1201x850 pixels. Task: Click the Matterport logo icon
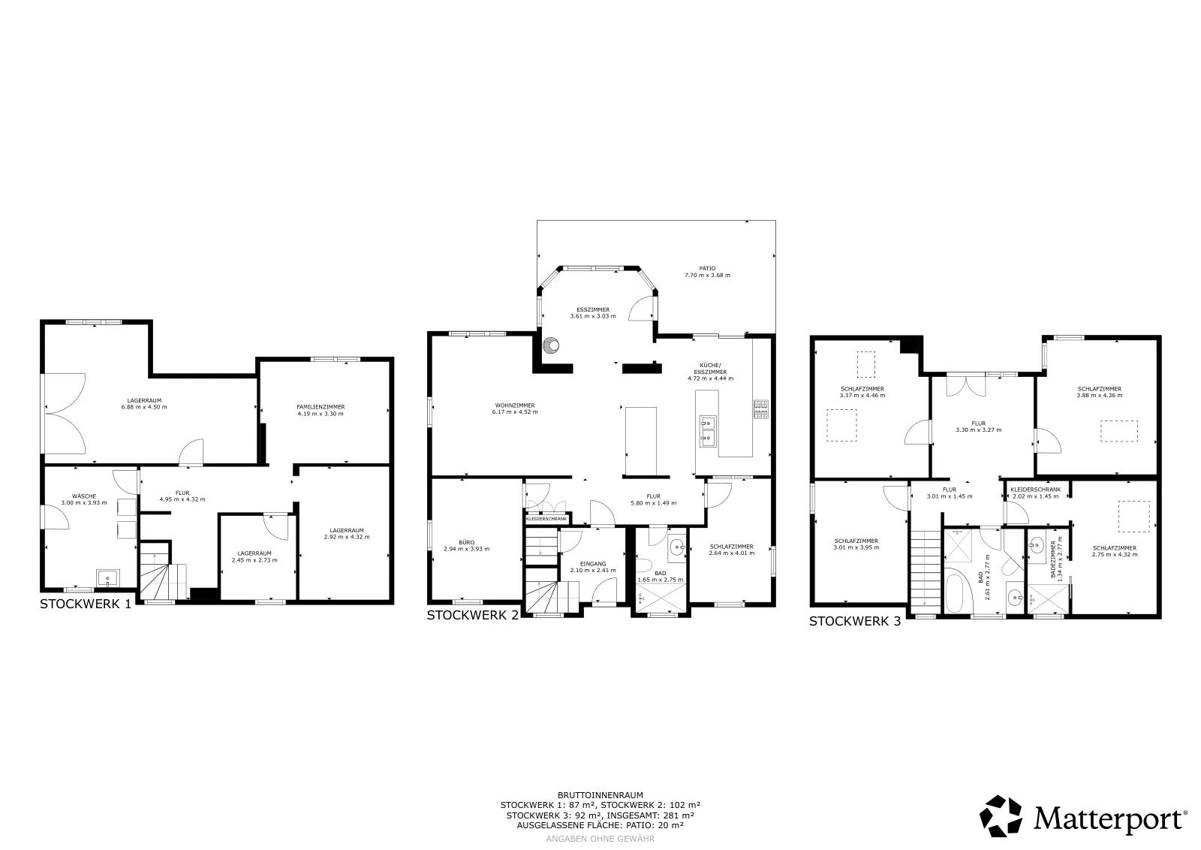point(1001,816)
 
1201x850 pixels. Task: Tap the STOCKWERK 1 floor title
point(86,604)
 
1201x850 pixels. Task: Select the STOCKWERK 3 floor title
point(855,621)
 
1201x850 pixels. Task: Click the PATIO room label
point(707,269)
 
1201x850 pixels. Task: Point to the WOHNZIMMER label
point(515,405)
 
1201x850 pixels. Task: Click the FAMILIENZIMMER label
point(321,407)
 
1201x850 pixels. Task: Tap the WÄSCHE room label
point(84,496)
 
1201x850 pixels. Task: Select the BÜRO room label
point(466,542)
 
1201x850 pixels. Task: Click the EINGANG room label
point(593,564)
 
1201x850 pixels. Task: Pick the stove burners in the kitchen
point(761,409)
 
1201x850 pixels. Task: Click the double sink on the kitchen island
point(707,432)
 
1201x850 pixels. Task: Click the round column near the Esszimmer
point(551,345)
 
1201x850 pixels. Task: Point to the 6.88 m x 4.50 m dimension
point(144,407)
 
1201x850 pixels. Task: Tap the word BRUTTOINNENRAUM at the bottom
point(600,795)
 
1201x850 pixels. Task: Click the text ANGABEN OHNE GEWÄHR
point(600,839)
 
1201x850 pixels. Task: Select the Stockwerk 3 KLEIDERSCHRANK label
point(1035,490)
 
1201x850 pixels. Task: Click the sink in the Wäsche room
point(108,579)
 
